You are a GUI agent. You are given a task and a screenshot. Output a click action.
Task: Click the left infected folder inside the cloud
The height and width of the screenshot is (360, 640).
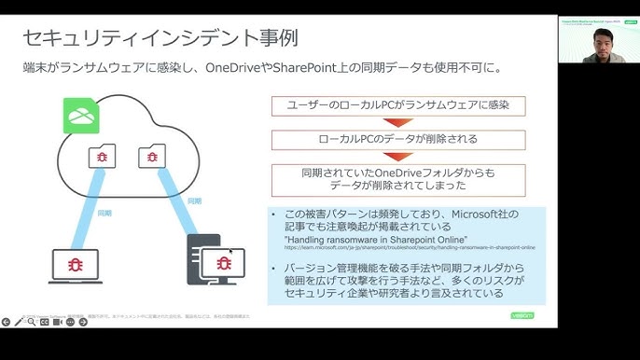click(x=102, y=156)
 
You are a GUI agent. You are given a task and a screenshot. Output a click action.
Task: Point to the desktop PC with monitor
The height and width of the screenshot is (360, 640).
click(x=217, y=260)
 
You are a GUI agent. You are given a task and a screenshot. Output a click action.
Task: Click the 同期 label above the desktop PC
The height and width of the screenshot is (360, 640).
click(x=194, y=201)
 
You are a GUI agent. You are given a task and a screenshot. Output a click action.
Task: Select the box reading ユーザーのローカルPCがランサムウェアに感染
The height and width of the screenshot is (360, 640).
click(x=397, y=105)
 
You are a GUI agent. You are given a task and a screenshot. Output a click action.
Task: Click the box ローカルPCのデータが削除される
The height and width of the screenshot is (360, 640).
click(x=397, y=140)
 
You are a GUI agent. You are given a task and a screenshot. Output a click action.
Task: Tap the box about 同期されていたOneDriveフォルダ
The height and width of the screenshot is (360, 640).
click(x=397, y=179)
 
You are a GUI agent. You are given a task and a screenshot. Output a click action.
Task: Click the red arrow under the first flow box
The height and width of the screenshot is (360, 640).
click(x=397, y=122)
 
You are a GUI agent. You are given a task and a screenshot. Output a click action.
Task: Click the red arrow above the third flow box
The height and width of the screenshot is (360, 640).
click(x=397, y=157)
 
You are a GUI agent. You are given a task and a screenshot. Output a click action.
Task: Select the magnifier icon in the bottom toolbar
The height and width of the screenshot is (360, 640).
click(x=32, y=322)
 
